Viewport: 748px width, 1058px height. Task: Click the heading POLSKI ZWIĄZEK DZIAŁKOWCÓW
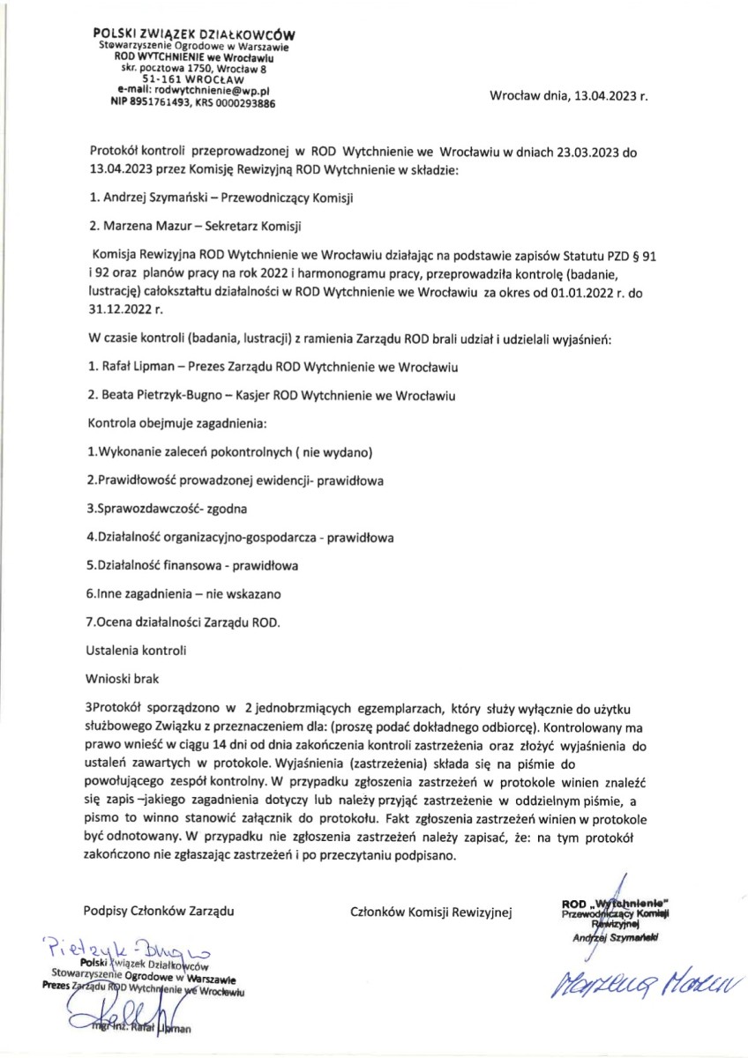(x=195, y=34)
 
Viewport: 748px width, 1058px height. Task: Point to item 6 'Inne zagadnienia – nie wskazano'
(x=183, y=594)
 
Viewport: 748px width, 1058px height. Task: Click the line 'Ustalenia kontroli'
(x=136, y=651)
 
